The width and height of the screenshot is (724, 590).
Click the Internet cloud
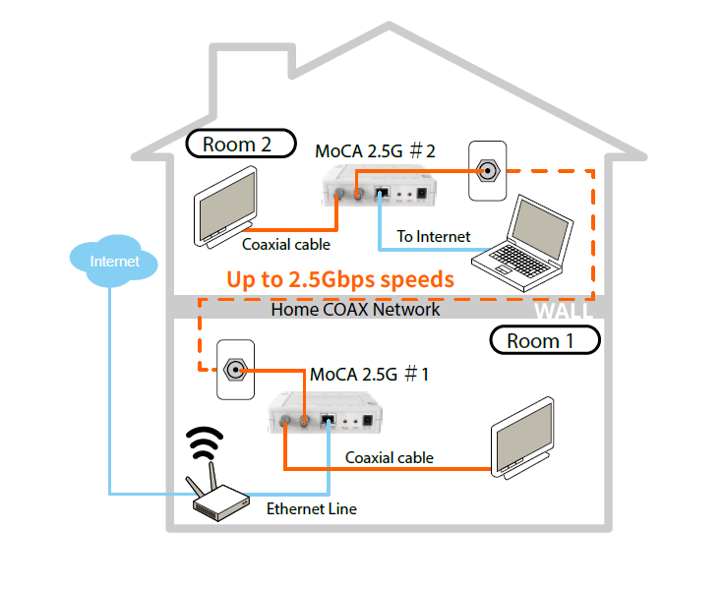click(113, 261)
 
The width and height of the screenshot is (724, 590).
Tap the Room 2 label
click(241, 144)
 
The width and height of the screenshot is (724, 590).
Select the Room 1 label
click(545, 340)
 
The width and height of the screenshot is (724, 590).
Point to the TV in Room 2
click(226, 207)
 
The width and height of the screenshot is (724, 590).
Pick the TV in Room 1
click(522, 438)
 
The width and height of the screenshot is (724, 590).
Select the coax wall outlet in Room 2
click(488, 171)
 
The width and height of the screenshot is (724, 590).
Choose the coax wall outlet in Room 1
click(236, 370)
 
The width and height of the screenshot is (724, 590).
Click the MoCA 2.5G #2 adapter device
click(379, 185)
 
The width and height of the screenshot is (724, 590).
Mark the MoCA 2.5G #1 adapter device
click(325, 412)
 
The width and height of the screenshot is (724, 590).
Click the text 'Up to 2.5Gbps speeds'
click(340, 280)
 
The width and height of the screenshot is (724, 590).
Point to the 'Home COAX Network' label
click(355, 310)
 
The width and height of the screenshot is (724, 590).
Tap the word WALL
click(563, 311)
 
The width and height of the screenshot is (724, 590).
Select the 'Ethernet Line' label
click(312, 508)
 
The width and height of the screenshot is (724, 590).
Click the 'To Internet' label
click(434, 236)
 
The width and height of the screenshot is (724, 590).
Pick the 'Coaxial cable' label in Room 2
click(286, 244)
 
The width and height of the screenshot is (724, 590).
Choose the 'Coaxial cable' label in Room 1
click(390, 457)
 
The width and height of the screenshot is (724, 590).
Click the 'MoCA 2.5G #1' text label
click(370, 374)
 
